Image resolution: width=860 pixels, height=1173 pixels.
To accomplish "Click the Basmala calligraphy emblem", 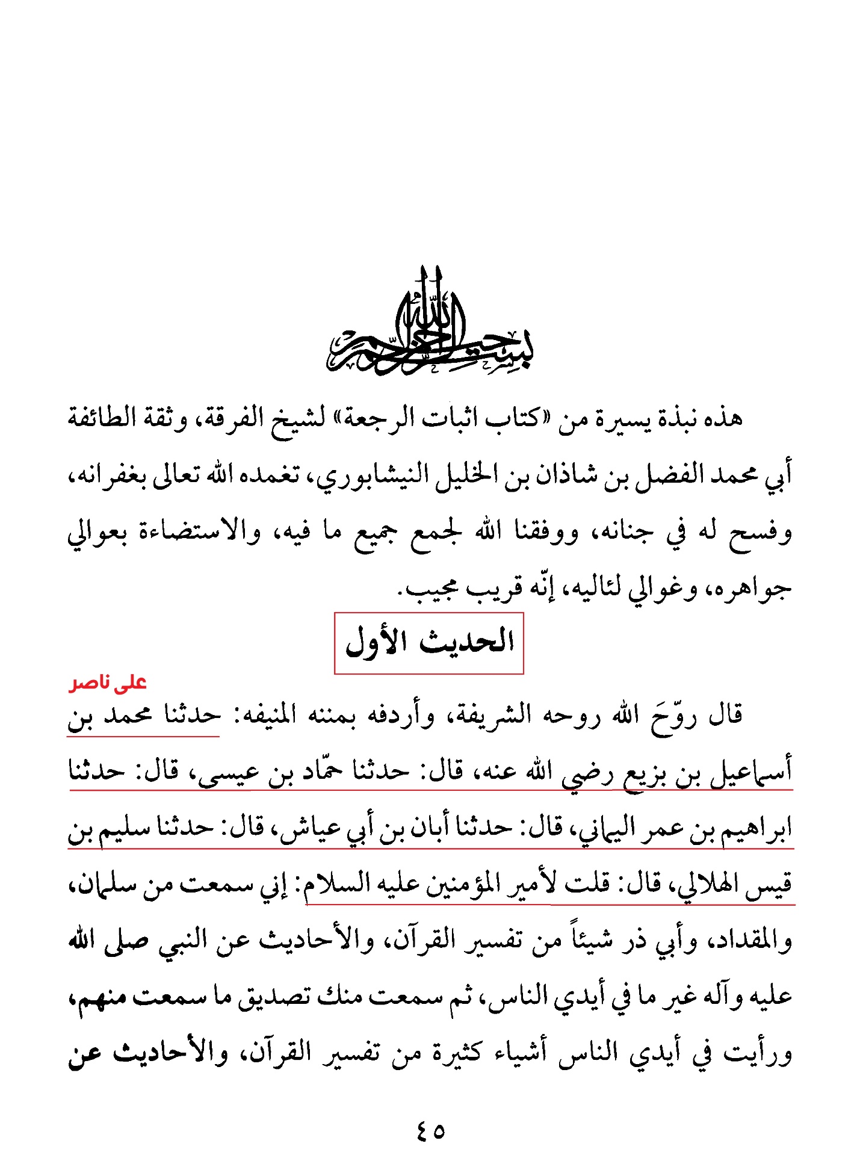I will (430, 325).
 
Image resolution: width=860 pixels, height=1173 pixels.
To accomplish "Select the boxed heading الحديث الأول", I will (428, 643).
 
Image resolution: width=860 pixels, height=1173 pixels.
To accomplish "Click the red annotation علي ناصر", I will (108, 683).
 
